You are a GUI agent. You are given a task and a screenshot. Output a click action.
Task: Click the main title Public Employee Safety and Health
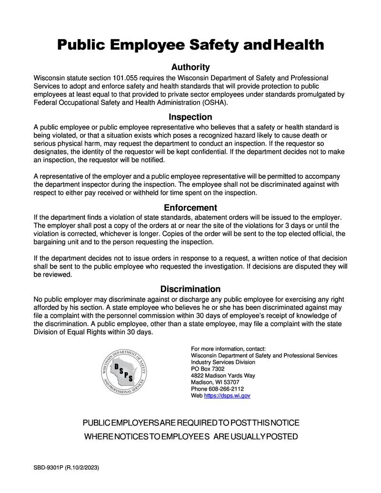(190, 45)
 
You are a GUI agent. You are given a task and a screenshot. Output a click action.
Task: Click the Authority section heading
(190, 67)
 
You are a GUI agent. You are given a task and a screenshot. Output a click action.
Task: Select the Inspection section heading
(190, 117)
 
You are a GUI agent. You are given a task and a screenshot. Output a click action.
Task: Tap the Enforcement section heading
(190, 208)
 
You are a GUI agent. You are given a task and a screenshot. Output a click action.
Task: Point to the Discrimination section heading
(190, 289)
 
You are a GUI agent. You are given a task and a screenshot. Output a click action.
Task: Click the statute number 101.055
(126, 78)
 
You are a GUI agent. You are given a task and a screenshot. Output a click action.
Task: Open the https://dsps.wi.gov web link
(227, 395)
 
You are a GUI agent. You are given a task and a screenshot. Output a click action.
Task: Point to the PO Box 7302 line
(208, 369)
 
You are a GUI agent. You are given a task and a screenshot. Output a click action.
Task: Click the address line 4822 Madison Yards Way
(223, 375)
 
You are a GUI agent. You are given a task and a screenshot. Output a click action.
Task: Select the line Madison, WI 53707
(215, 382)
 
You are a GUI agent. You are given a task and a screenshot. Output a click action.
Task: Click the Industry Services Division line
(223, 362)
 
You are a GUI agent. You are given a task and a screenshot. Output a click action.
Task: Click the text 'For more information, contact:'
(228, 349)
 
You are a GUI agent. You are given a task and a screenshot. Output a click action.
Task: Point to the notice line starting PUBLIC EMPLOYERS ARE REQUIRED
(191, 423)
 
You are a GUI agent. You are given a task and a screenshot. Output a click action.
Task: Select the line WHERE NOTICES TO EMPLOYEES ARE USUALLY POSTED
(191, 437)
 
